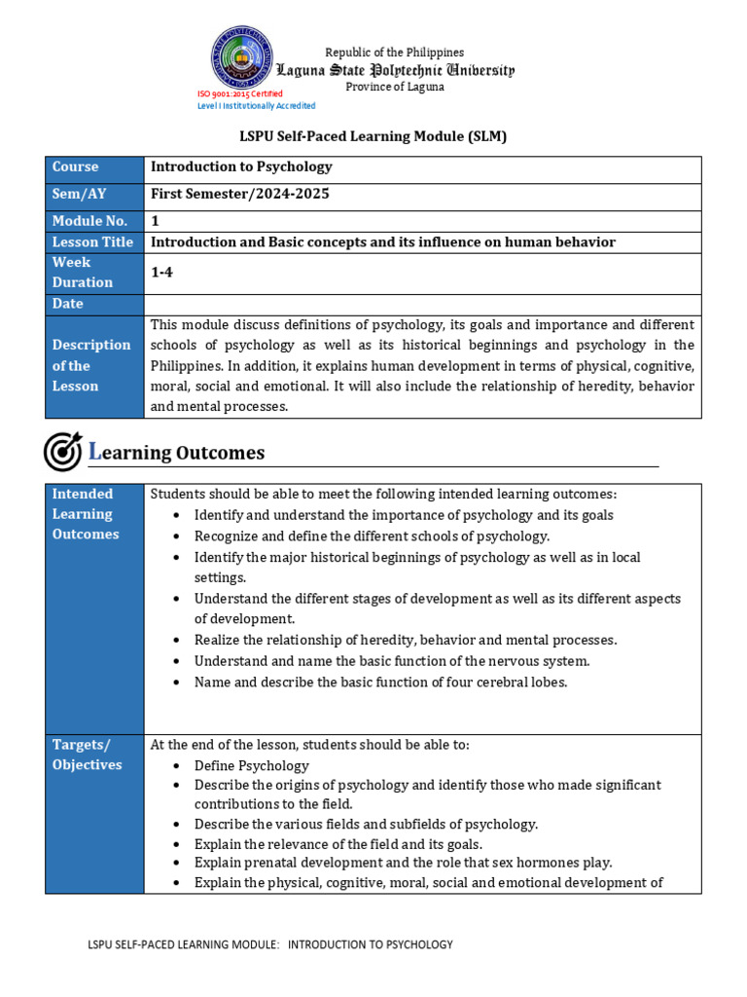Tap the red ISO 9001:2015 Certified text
[240, 93]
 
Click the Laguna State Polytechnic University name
[395, 70]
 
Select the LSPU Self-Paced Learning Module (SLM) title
[373, 137]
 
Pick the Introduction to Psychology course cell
[241, 167]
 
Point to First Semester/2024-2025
[240, 194]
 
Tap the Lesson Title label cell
[93, 242]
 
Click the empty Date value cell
[422, 304]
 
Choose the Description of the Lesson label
[91, 366]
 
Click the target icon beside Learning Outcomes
[63, 452]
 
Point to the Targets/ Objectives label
[87, 755]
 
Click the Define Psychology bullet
[251, 765]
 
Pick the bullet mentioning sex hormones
[403, 863]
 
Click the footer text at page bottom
[270, 944]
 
